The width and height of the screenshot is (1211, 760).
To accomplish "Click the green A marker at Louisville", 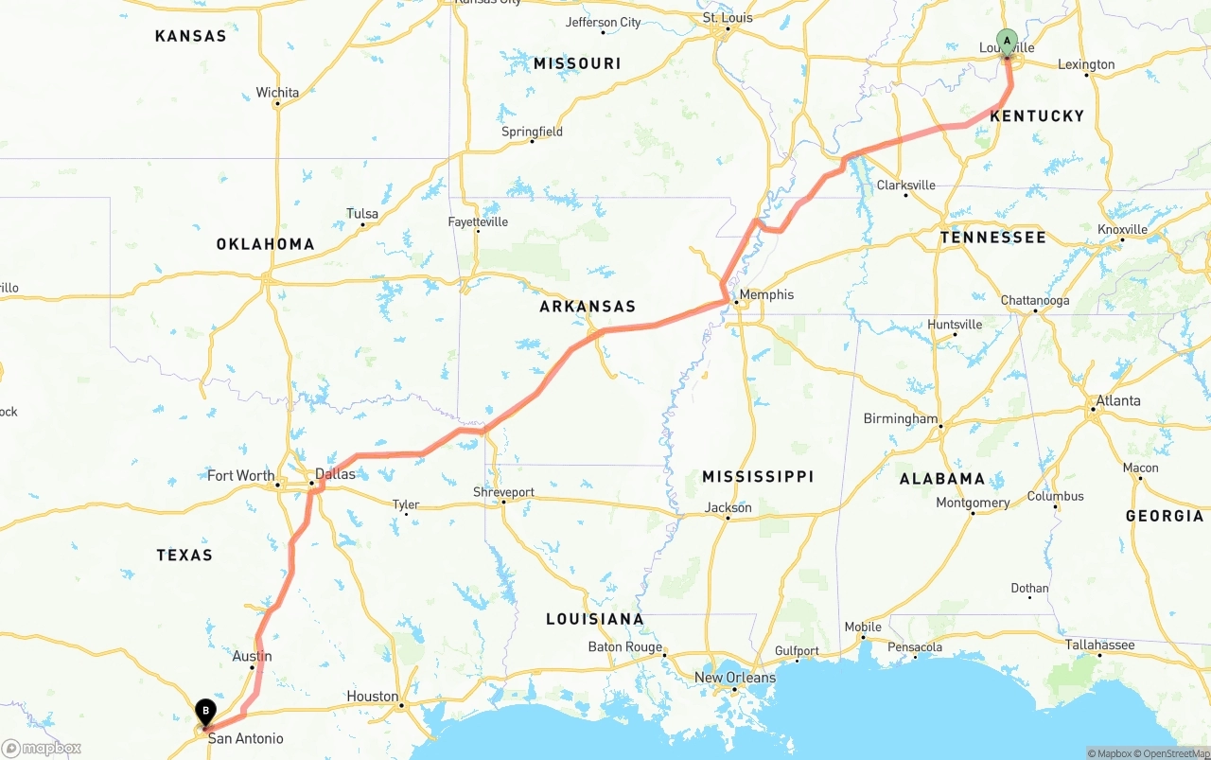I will click(1007, 42).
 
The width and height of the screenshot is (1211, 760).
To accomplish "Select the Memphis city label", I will click(766, 294).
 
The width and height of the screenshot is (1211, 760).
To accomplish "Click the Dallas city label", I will click(335, 474).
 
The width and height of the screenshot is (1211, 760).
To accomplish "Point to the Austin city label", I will click(252, 656).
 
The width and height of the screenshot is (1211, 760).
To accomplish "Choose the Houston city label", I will click(372, 697).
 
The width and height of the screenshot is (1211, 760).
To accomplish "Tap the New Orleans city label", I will click(734, 678).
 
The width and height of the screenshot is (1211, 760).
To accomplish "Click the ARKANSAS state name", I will click(588, 307).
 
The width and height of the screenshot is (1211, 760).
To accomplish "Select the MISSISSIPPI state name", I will click(758, 476).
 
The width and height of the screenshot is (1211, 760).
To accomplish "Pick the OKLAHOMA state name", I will click(265, 244).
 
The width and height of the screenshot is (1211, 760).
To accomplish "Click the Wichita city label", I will click(277, 93).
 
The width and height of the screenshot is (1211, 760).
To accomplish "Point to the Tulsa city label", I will click(362, 214).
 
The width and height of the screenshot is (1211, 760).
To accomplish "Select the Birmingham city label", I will click(900, 418).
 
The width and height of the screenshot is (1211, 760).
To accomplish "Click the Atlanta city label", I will click(1118, 400).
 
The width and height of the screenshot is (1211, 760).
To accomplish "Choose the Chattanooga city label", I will click(1035, 301).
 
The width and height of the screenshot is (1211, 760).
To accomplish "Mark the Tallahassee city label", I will click(1099, 645).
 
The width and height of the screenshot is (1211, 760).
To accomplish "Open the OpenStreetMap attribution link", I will click(1169, 753).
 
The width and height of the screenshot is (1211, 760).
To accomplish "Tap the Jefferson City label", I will click(603, 23).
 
